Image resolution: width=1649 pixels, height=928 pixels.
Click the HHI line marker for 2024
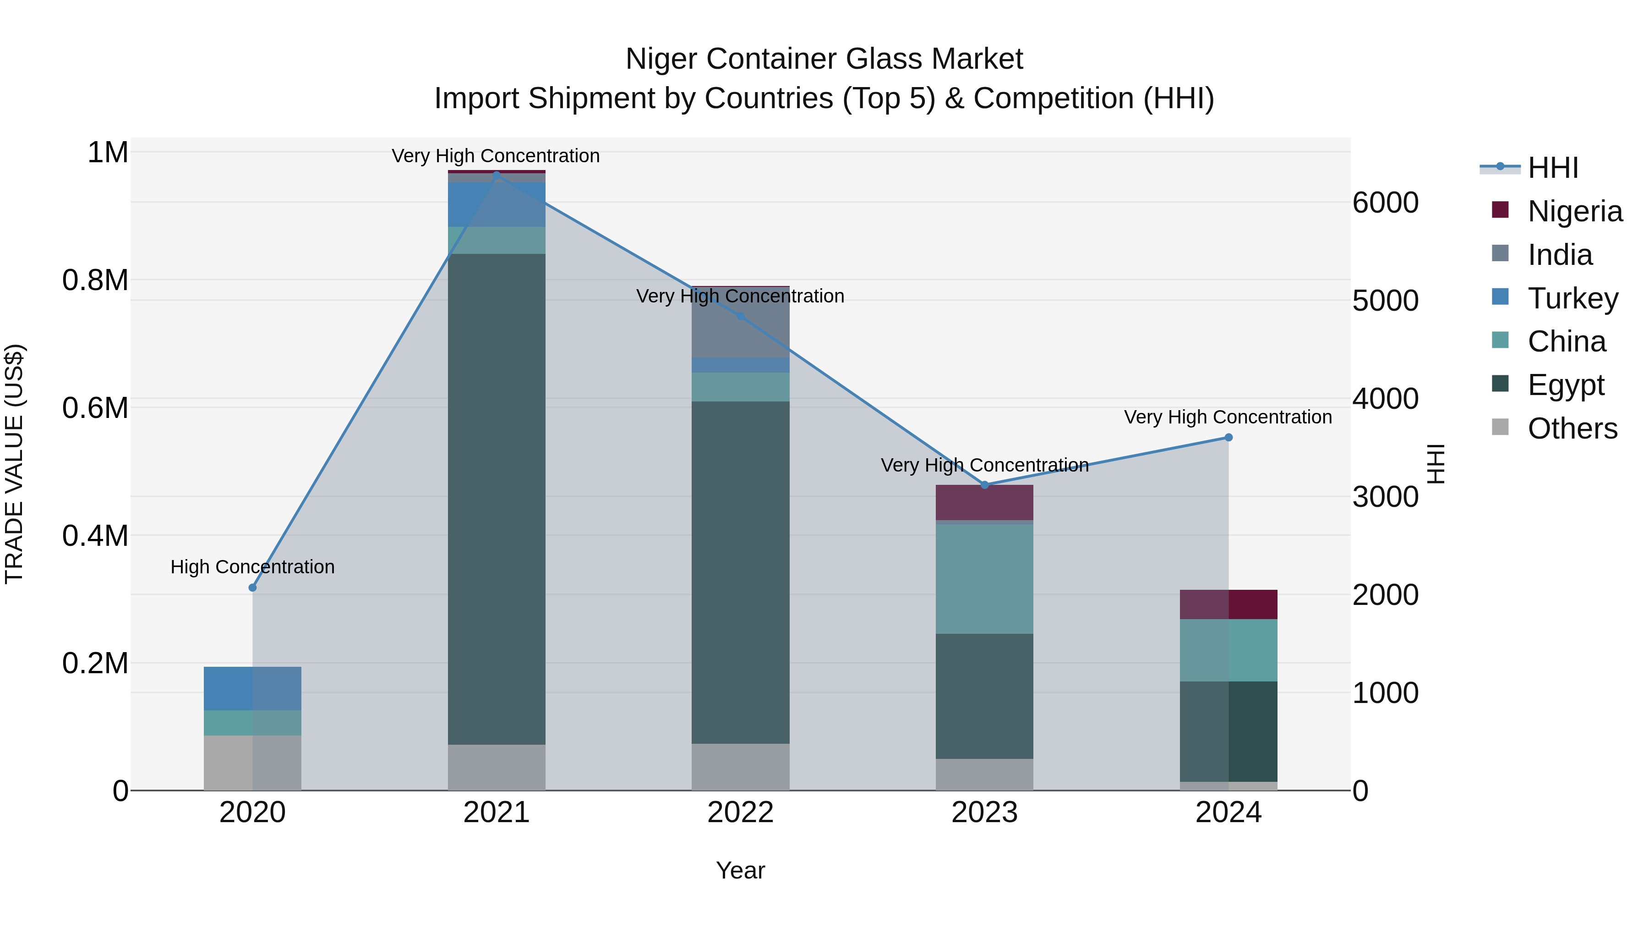pyautogui.click(x=1229, y=438)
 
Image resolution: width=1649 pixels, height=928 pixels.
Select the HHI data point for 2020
pyautogui.click(x=252, y=588)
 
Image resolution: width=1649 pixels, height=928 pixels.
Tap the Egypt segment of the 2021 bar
pyautogui.click(x=496, y=500)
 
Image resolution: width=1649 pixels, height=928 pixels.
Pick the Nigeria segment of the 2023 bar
pyautogui.click(x=984, y=503)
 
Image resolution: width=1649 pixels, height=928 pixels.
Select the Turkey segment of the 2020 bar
pyautogui.click(x=252, y=688)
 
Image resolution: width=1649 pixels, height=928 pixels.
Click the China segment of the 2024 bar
pyautogui.click(x=1229, y=650)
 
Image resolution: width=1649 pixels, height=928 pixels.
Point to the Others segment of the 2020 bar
pyautogui.click(x=252, y=762)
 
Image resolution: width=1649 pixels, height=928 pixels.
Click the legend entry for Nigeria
pyautogui.click(x=1575, y=211)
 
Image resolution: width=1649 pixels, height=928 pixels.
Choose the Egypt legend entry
pyautogui.click(x=1565, y=385)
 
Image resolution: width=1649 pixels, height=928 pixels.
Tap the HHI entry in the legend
pyautogui.click(x=1552, y=168)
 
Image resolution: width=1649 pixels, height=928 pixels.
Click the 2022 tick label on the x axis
pyautogui.click(x=740, y=813)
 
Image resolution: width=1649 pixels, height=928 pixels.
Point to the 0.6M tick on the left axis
pyautogui.click(x=95, y=408)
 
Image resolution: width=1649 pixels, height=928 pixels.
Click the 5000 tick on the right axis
pyautogui.click(x=1385, y=301)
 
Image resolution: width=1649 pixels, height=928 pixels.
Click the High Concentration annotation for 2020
pyautogui.click(x=252, y=567)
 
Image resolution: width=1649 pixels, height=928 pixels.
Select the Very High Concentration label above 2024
pyautogui.click(x=1228, y=417)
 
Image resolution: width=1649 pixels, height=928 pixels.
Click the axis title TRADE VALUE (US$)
pyautogui.click(x=14, y=464)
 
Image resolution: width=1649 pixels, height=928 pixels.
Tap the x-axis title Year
pyautogui.click(x=740, y=870)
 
